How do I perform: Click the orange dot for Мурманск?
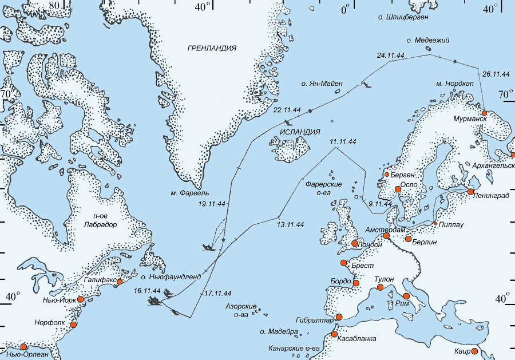pyautogui.click(x=484, y=113)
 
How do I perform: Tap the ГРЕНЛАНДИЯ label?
pyautogui.click(x=212, y=48)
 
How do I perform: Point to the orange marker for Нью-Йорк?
pyautogui.click(x=81, y=299)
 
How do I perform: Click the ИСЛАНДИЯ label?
pyautogui.click(x=300, y=132)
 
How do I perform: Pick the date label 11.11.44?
pyautogui.click(x=343, y=141)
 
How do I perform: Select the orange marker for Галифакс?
pyautogui.click(x=120, y=282)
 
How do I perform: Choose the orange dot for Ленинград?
pyautogui.click(x=470, y=192)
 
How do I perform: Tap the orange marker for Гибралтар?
pyautogui.click(x=338, y=317)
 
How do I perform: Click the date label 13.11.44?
pyautogui.click(x=290, y=224)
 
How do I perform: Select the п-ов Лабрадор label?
pyautogui.click(x=101, y=220)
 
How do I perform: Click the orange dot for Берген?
pyautogui.click(x=387, y=174)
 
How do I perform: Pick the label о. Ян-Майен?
pyautogui.click(x=322, y=84)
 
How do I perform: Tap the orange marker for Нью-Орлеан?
pyautogui.click(x=24, y=347)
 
